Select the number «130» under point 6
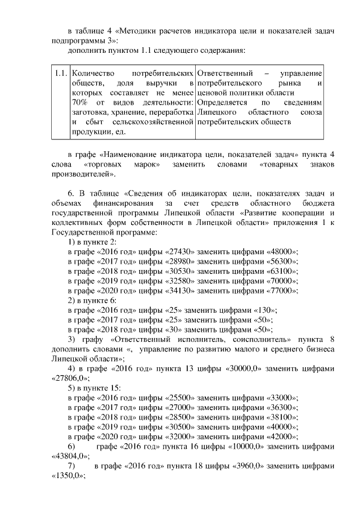265,310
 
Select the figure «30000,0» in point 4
237,369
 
